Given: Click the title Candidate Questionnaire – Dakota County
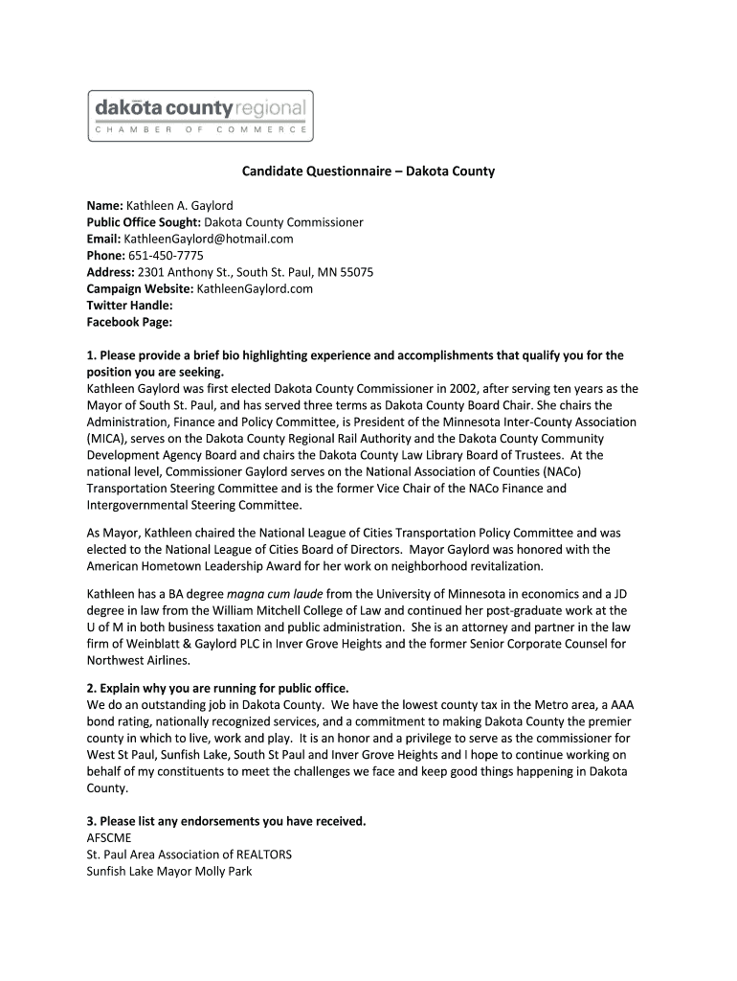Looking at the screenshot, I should tap(368, 171).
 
